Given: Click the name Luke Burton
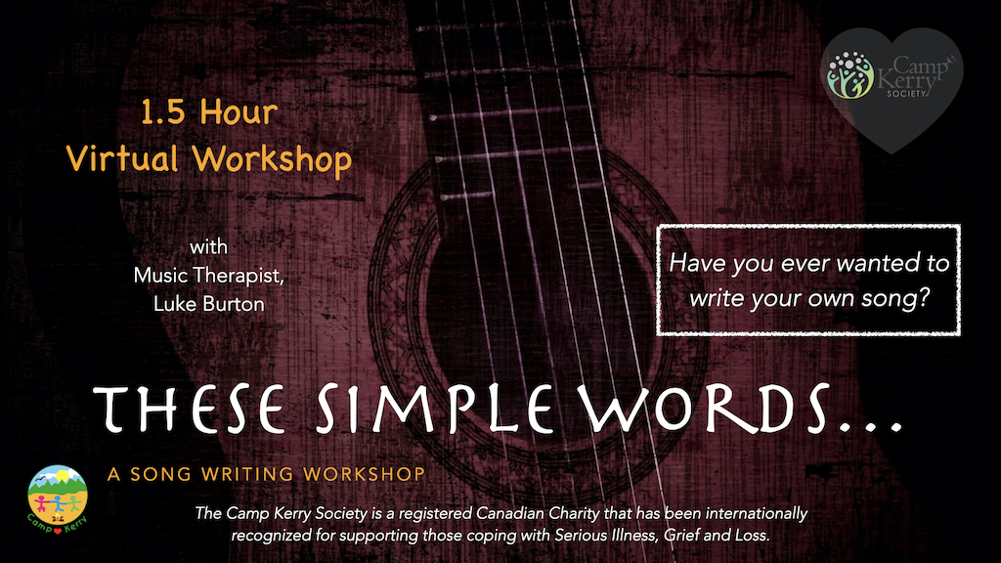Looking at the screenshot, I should click(209, 304).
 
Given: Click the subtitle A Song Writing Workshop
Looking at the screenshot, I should click(266, 475).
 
